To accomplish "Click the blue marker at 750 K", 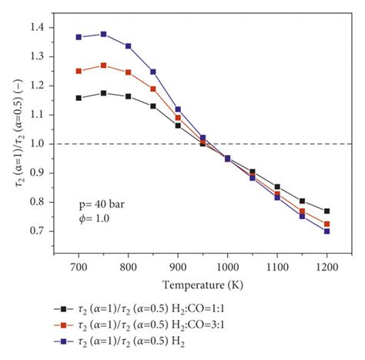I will [x=104, y=34].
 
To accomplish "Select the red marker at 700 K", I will [x=79, y=71].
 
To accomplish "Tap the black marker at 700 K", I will [x=79, y=98].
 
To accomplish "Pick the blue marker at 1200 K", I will [x=327, y=231].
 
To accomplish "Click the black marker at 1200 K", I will [x=327, y=211].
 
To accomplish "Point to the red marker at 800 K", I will [x=129, y=72].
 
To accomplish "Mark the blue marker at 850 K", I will [x=153, y=72].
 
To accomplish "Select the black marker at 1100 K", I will [x=277, y=187].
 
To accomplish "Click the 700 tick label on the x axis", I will [x=79, y=266].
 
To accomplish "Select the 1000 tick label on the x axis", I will [x=228, y=266].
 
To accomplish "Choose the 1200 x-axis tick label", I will [x=327, y=266].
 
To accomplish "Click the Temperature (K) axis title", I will [x=203, y=283].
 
